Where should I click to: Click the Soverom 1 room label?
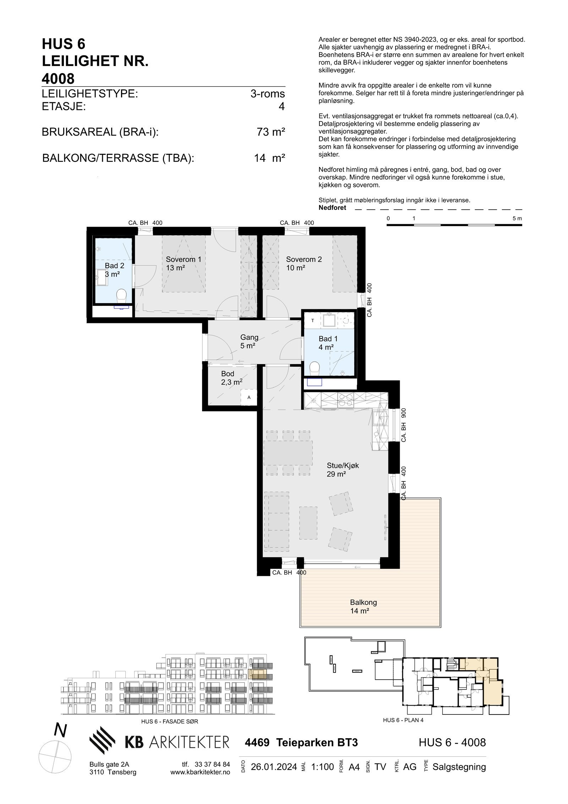coord(183,263)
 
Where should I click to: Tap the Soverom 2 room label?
coord(304,263)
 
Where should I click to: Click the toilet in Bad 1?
coord(315,368)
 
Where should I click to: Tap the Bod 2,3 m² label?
coord(231,378)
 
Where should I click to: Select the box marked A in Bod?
coord(249,398)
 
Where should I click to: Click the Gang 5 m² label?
coord(249,341)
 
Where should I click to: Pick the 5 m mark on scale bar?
coord(517,218)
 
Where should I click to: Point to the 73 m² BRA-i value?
coord(271,132)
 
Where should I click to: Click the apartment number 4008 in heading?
coord(58,79)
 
